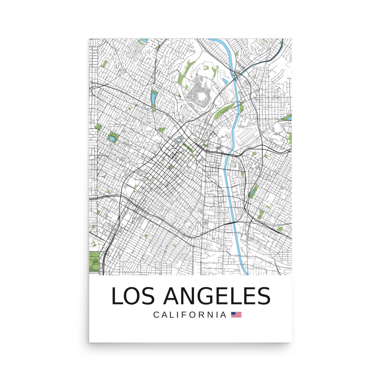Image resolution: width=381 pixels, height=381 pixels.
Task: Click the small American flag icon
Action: pos(236,315)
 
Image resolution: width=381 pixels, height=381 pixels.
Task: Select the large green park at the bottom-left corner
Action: pos(94,262)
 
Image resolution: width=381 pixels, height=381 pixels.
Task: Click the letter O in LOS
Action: pos(134,296)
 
